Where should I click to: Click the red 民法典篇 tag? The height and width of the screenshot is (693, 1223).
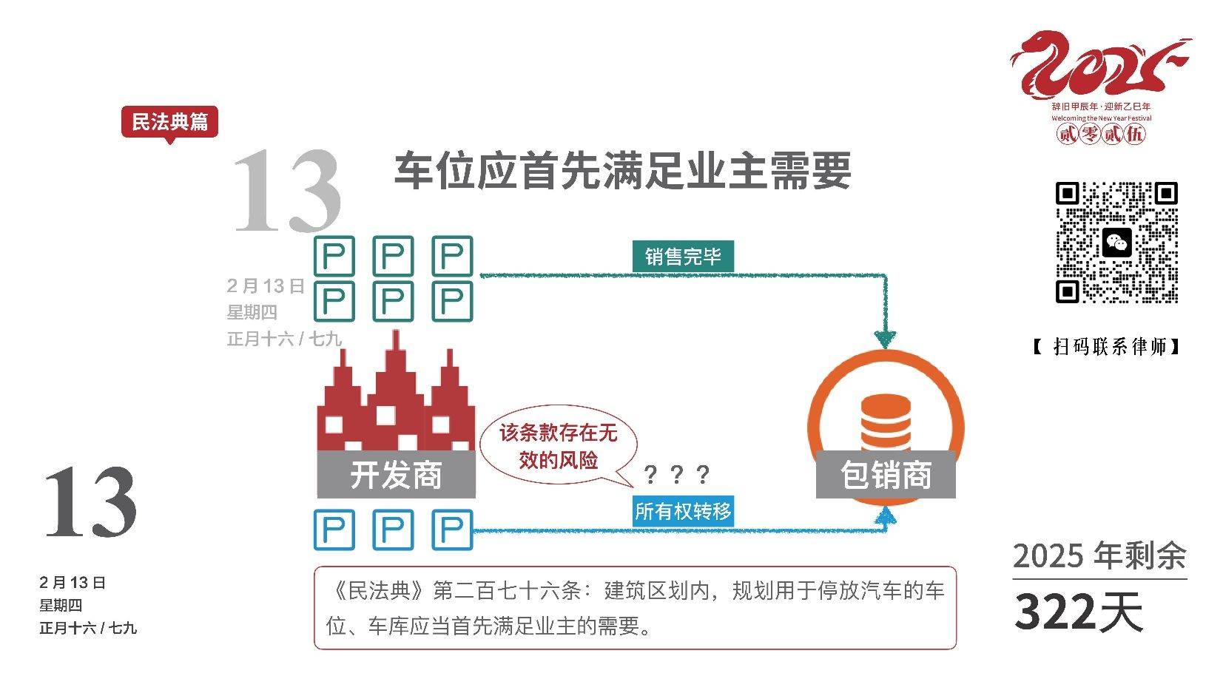click(169, 122)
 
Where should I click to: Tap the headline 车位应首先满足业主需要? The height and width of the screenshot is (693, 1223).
click(622, 171)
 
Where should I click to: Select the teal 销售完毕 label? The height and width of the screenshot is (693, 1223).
click(682, 257)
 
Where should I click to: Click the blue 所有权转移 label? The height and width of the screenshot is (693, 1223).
click(682, 511)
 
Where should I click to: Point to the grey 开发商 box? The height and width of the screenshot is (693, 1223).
click(396, 474)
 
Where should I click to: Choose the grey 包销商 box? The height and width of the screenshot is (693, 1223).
click(886, 474)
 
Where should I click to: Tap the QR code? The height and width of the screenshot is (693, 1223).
click(1116, 242)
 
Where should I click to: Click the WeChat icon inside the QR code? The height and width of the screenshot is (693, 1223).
click(1116, 243)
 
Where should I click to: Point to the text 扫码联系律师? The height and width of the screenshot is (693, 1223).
click(1108, 346)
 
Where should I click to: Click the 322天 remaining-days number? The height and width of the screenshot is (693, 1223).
click(1078, 612)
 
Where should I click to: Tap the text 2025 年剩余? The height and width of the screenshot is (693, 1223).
click(1099, 556)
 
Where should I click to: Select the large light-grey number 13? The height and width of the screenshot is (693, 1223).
click(287, 191)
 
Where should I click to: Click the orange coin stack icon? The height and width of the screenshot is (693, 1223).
click(886, 422)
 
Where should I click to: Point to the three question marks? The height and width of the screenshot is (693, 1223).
click(677, 474)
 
